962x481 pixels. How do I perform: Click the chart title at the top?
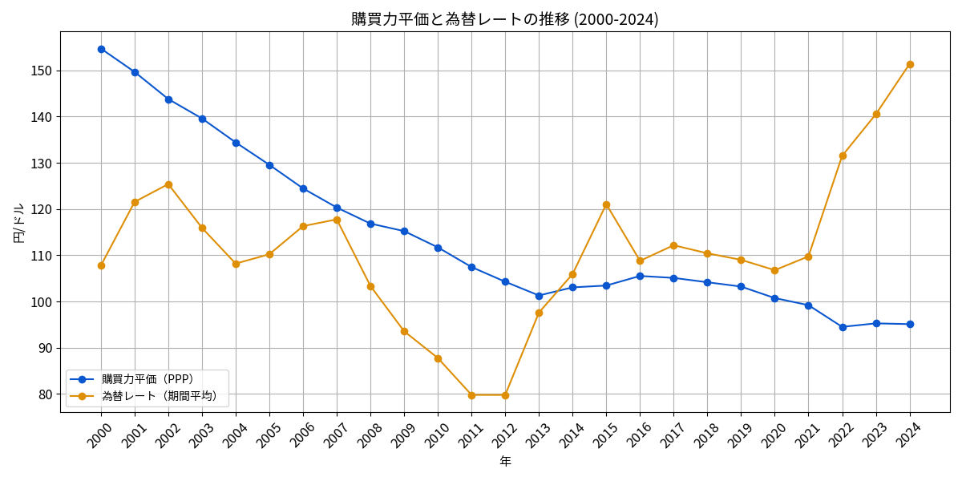[x=504, y=19]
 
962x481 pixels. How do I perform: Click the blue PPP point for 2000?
[x=101, y=49]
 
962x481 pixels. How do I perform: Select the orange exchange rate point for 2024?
[x=910, y=64]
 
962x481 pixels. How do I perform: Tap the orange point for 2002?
[x=168, y=184]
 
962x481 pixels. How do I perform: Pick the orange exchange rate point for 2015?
[x=606, y=204]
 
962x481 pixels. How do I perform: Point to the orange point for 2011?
[x=471, y=395]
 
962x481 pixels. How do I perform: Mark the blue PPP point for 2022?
[x=843, y=327]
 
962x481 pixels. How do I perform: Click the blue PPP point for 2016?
[x=640, y=276]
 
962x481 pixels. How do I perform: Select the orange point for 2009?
[x=404, y=331]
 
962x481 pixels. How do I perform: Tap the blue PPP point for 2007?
[x=337, y=208]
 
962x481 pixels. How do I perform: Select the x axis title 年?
[x=505, y=462]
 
